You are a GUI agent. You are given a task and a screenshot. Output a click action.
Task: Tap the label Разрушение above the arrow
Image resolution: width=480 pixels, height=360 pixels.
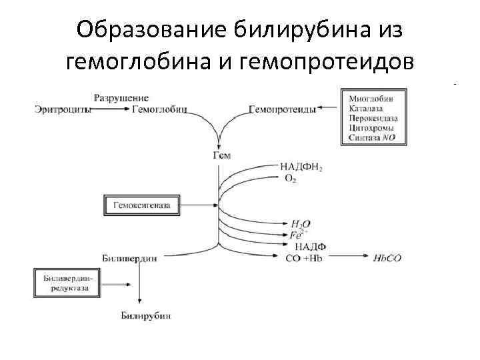pos(121,98)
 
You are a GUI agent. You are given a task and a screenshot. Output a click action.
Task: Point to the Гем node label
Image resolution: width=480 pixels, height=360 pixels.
pos(221,155)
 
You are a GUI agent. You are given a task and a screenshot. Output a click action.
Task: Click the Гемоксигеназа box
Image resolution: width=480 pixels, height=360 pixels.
pos(141,205)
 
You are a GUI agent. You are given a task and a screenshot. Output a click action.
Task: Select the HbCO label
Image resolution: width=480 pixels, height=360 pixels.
pos(387,258)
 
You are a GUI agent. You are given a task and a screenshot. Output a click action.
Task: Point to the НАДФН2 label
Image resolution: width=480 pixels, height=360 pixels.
pos(301,167)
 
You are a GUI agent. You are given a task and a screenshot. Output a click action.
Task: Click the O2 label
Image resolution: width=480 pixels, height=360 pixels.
pos(289,179)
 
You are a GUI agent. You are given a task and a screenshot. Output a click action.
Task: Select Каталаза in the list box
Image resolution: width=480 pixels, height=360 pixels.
pos(368,109)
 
